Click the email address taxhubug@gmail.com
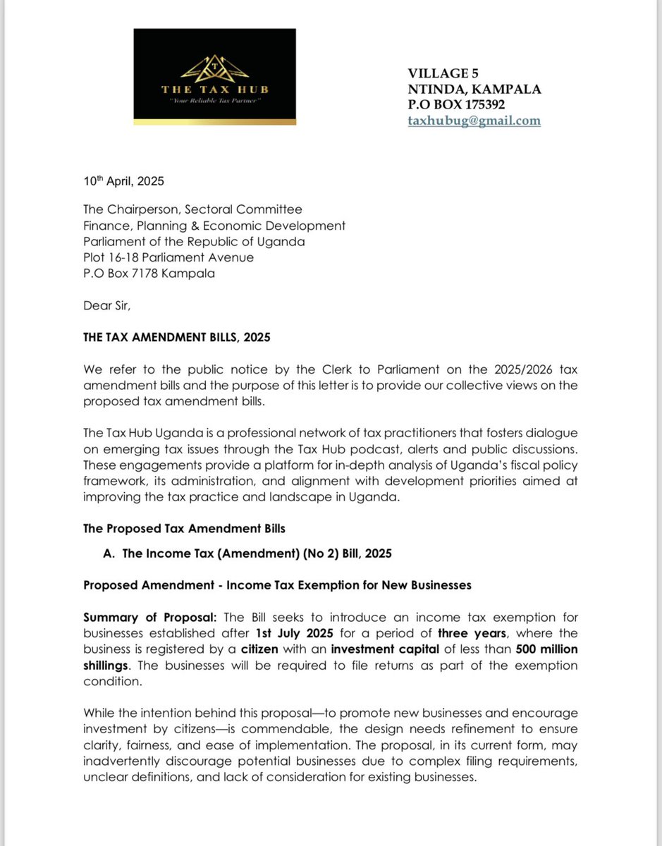pyautogui.click(x=474, y=121)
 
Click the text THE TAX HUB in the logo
pyautogui.click(x=214, y=90)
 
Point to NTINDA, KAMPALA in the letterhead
pyautogui.click(x=474, y=89)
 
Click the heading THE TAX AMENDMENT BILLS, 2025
pyautogui.click(x=176, y=338)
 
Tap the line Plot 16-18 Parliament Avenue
pyautogui.click(x=168, y=257)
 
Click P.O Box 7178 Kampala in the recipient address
pyautogui.click(x=149, y=274)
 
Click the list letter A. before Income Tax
pyautogui.click(x=109, y=554)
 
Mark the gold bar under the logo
pyautogui.click(x=214, y=123)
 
